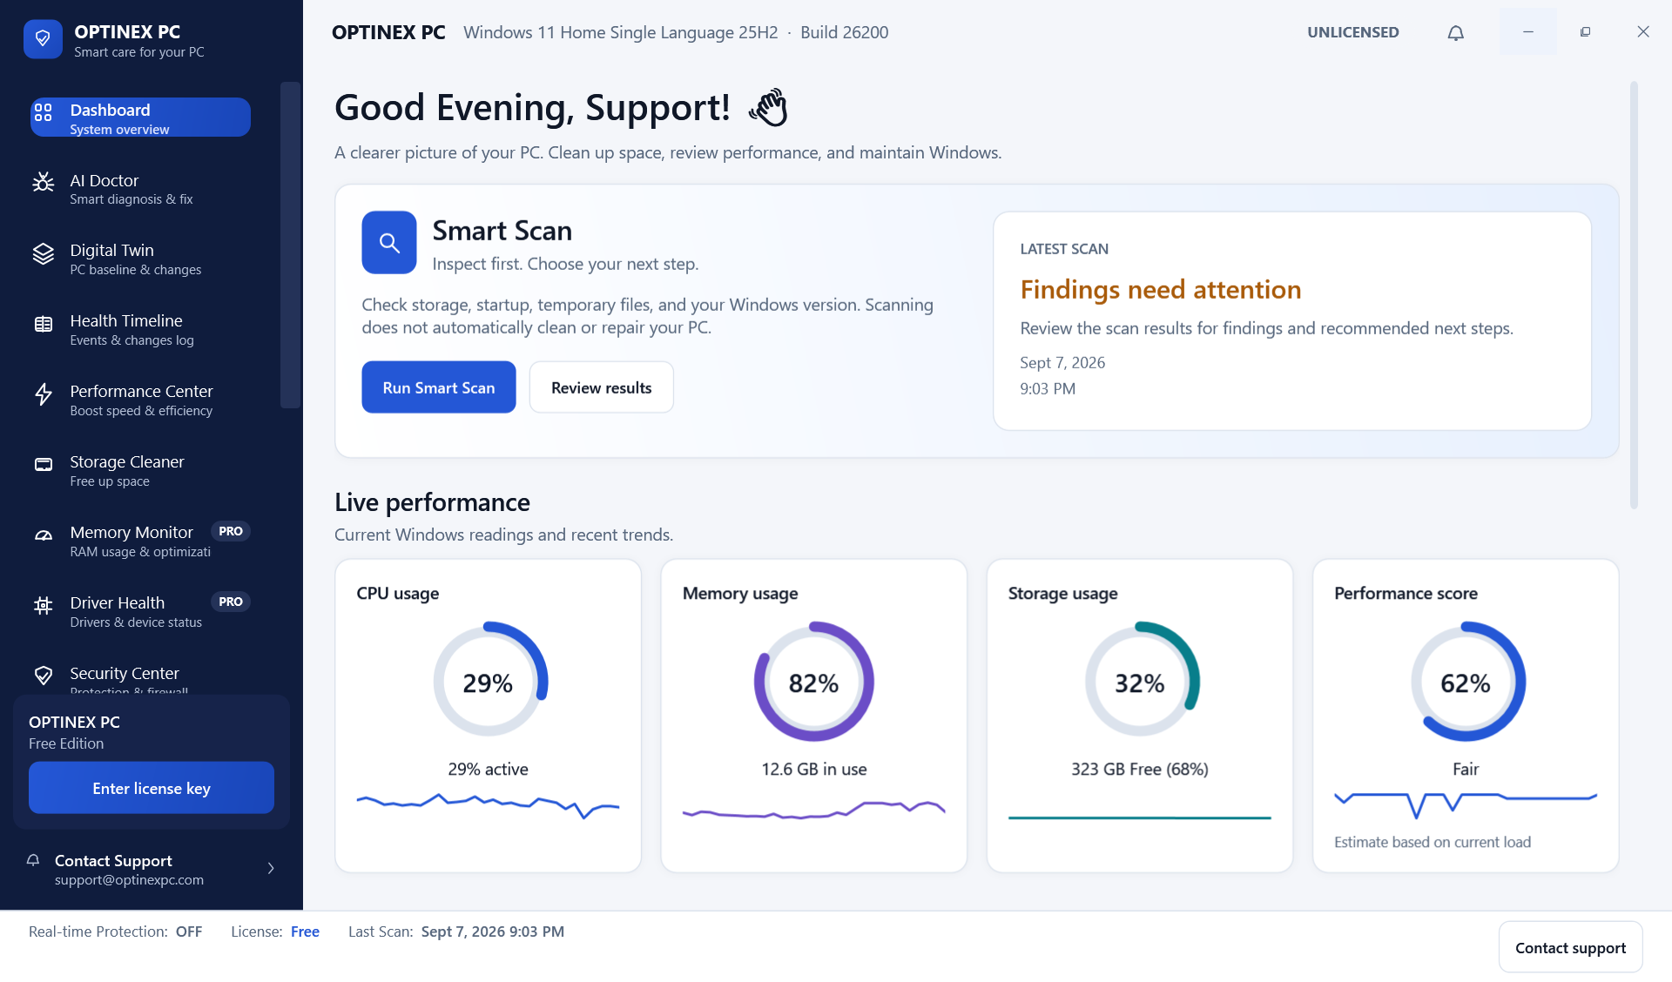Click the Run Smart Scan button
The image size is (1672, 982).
coord(439,387)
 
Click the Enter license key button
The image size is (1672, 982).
coord(152,788)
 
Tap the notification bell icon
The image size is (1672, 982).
coord(1456,33)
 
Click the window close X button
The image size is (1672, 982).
coord(1643,32)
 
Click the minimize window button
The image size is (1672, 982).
coord(1528,32)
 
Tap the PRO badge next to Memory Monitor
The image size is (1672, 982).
coord(231,531)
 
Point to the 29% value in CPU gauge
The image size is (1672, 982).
coord(488,683)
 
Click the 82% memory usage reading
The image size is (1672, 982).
coord(814,683)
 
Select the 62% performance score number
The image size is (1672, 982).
coord(1466,683)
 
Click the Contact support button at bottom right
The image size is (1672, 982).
coord(1571,947)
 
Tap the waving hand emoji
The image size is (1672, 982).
coord(768,107)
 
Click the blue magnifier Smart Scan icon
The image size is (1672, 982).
coord(389,243)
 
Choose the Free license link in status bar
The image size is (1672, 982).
coord(306,932)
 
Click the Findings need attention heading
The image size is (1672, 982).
coord(1161,289)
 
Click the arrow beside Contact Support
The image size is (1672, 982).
coord(271,868)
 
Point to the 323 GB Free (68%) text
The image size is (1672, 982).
coord(1140,769)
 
